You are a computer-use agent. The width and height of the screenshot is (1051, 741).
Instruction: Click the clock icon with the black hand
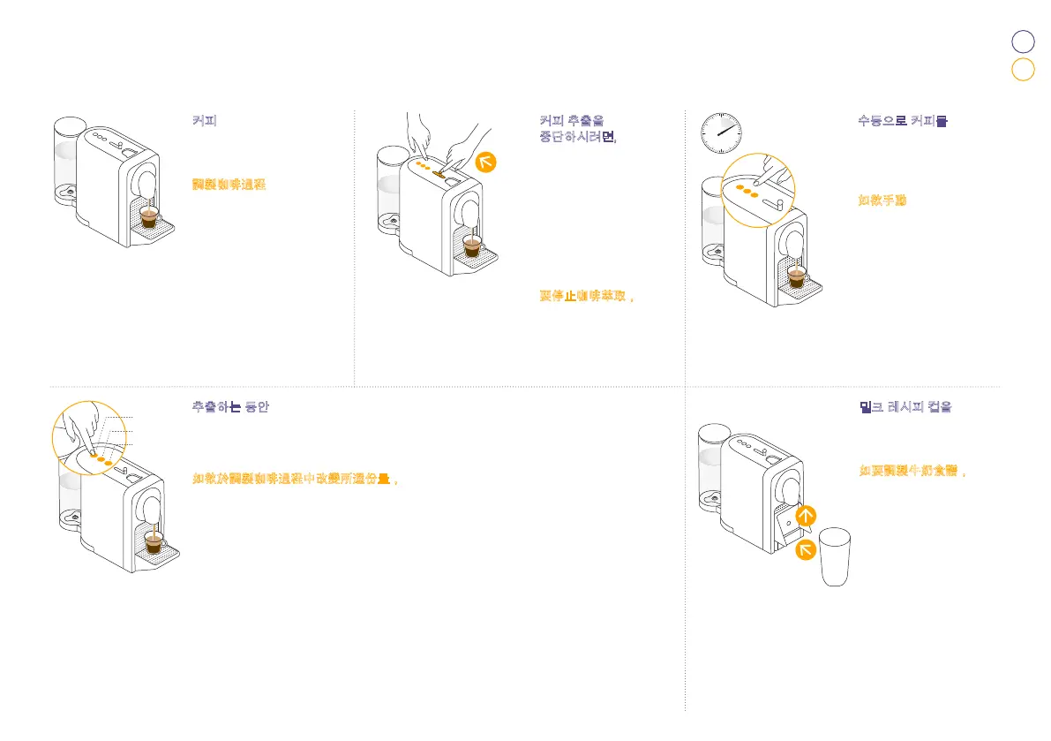720,132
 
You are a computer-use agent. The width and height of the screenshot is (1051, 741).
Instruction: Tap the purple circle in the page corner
1023,42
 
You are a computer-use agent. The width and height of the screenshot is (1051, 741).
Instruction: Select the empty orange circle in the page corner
1023,70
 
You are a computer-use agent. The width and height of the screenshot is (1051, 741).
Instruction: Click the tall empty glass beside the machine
835,557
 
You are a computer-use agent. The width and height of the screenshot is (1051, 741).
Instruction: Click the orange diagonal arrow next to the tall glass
806,551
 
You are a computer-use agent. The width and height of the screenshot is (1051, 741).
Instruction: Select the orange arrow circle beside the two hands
487,162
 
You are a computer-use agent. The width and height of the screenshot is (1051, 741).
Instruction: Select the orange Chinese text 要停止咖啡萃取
588,295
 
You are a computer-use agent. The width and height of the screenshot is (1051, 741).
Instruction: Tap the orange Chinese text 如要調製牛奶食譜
912,471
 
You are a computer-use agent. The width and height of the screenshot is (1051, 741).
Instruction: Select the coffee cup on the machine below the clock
796,277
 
